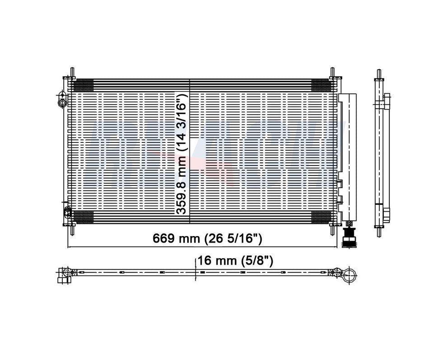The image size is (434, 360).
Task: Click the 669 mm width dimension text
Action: (208, 238)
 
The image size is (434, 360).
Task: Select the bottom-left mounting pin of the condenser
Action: (72, 229)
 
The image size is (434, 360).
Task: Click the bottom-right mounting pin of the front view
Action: (333, 229)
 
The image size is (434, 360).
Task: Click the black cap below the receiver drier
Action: (349, 239)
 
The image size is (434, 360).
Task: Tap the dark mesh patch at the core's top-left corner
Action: (83, 85)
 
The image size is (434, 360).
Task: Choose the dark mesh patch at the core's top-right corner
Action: (321, 85)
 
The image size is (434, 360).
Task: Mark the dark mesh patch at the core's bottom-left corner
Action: (83, 217)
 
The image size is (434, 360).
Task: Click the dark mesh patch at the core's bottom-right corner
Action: (321, 217)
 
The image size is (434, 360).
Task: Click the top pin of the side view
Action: (379, 73)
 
